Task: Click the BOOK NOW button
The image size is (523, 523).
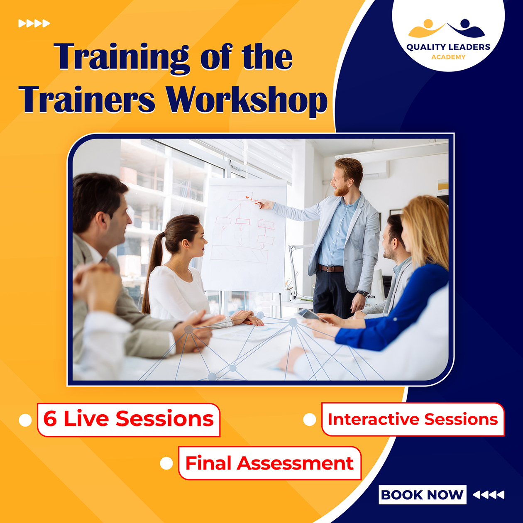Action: click(x=422, y=494)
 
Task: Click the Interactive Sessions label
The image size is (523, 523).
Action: click(x=413, y=419)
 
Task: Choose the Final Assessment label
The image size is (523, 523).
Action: click(x=270, y=463)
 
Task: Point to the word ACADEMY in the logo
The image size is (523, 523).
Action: click(x=448, y=57)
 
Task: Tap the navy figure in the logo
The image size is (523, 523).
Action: click(x=466, y=29)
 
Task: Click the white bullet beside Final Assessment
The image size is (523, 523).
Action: click(x=166, y=463)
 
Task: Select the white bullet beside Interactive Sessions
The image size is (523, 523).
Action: click(x=310, y=420)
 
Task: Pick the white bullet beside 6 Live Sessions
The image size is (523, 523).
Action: click(x=25, y=420)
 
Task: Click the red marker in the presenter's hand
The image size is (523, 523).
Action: click(x=252, y=200)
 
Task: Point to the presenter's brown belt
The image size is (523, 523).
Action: click(x=330, y=269)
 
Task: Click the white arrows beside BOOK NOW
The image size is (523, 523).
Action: click(x=489, y=495)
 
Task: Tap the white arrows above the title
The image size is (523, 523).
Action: click(x=34, y=24)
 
